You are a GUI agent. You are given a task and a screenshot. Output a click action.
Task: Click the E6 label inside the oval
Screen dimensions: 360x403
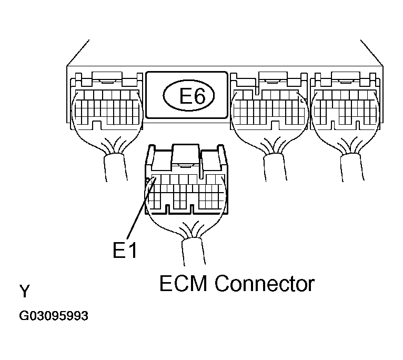click(x=188, y=96)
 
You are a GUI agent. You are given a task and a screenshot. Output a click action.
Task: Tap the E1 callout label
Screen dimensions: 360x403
click(x=125, y=251)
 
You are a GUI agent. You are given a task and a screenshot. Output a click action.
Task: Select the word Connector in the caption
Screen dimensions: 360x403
click(x=265, y=284)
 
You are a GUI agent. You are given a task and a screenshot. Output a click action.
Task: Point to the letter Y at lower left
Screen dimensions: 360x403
click(x=24, y=291)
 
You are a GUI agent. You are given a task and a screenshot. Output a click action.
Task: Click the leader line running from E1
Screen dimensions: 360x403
click(x=140, y=211)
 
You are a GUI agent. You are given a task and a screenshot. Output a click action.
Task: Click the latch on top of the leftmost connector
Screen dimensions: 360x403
click(x=107, y=80)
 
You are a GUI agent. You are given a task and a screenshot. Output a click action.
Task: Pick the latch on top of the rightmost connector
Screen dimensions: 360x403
click(x=345, y=80)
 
